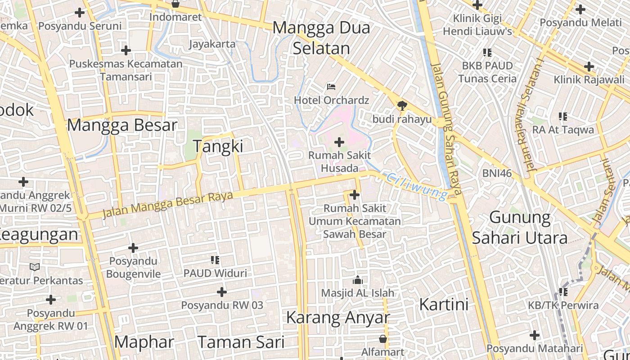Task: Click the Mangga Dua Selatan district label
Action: (x=321, y=38)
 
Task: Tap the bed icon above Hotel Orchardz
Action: (x=331, y=86)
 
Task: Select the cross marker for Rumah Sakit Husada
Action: (x=339, y=143)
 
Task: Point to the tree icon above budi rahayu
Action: (x=402, y=106)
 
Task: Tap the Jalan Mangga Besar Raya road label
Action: (x=167, y=205)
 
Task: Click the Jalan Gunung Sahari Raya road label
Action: (x=446, y=128)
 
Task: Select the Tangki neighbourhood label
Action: (x=218, y=146)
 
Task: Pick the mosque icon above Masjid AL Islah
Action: (x=358, y=280)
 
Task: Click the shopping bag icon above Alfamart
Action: (x=382, y=338)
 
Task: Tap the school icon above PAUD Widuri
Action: (x=215, y=260)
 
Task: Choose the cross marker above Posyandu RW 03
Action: (x=221, y=292)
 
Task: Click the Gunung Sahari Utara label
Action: (x=519, y=228)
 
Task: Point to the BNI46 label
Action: (x=497, y=173)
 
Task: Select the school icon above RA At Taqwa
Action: (x=562, y=117)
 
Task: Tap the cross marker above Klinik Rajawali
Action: (x=589, y=67)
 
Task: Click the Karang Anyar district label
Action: (x=337, y=318)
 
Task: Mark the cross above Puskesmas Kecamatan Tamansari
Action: (x=126, y=50)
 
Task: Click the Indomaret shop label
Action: (x=175, y=17)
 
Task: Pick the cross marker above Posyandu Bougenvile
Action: (x=133, y=248)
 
